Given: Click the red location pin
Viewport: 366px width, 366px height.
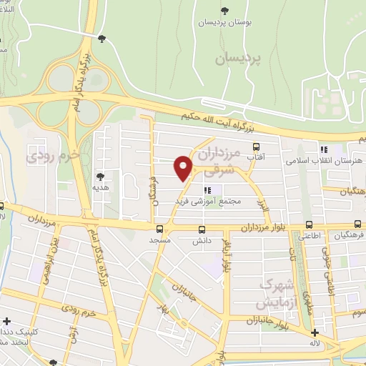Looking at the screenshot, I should point(183,168).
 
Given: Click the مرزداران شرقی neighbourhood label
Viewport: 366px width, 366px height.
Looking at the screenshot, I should point(214,162).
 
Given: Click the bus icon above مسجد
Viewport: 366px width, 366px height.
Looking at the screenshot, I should point(159,229).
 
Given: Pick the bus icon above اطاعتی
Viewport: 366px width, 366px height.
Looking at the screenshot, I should point(309,224).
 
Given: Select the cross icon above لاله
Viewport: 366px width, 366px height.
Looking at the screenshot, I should point(314,332).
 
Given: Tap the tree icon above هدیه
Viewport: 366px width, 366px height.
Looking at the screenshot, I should point(99,177).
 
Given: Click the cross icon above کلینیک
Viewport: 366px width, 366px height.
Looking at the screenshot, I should point(7,322).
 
